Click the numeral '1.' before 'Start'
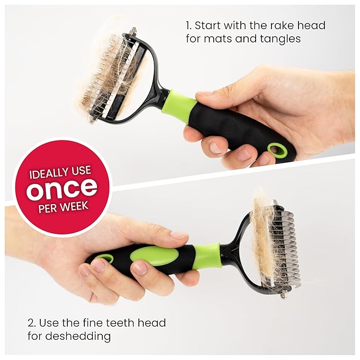pos(188,25)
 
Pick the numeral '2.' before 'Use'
pos(32,322)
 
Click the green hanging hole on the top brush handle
pos(276,150)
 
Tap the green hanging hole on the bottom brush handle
pos(105,259)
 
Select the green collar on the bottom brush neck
pos(207,255)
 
